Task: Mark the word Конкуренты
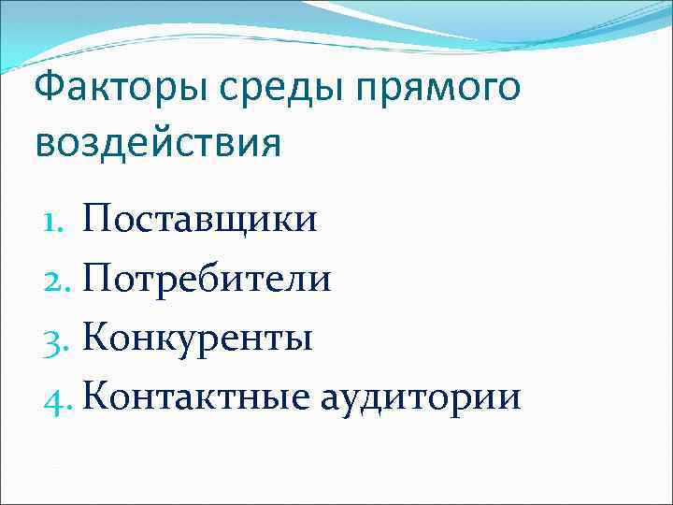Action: pyautogui.click(x=197, y=338)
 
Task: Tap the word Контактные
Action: pyautogui.click(x=195, y=397)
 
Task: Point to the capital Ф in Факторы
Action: pyautogui.click(x=48, y=93)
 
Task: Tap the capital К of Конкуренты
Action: pyautogui.click(x=95, y=337)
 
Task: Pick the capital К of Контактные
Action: pyautogui.click(x=95, y=396)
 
